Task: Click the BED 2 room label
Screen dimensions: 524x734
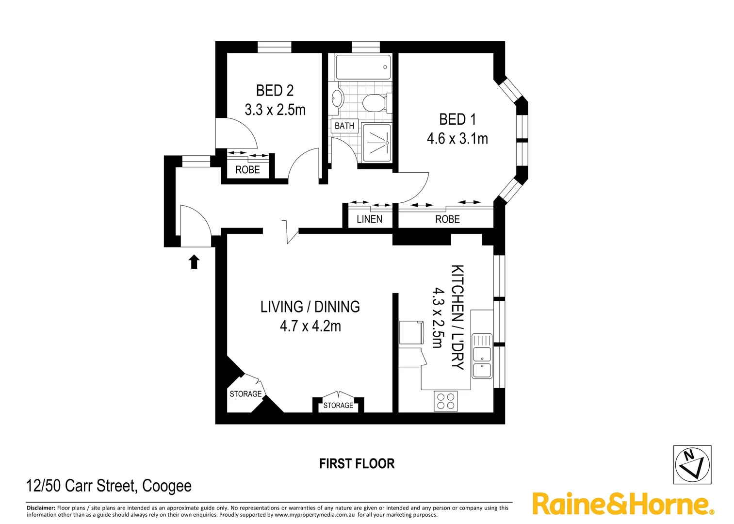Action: (x=275, y=91)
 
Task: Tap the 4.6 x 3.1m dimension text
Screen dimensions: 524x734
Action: (x=457, y=139)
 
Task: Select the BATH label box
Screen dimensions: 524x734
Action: (x=344, y=126)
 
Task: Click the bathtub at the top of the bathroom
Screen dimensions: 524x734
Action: (x=363, y=67)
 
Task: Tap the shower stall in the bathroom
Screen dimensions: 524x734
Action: (x=377, y=143)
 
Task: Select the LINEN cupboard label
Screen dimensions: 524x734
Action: (x=369, y=219)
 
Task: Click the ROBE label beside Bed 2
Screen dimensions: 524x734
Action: (x=247, y=170)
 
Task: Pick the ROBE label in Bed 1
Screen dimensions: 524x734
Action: (x=447, y=219)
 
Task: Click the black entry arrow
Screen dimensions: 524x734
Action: (x=194, y=262)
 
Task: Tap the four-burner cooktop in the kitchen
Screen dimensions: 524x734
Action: (x=446, y=401)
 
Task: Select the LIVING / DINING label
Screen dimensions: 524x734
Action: (x=310, y=307)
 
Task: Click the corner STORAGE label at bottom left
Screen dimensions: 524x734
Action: (x=245, y=394)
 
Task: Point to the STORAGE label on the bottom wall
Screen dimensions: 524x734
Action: (x=338, y=406)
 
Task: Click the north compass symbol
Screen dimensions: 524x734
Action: (x=692, y=464)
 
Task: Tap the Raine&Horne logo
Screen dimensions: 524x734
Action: (x=623, y=504)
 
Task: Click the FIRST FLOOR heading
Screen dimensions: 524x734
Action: (x=357, y=464)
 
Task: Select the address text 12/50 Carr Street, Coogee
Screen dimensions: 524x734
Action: (x=109, y=486)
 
